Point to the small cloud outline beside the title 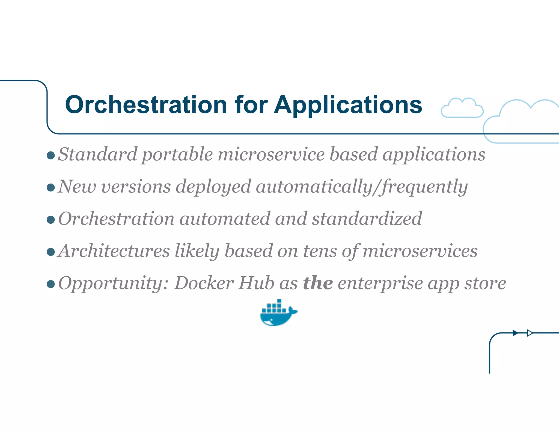(x=462, y=108)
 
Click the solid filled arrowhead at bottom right (x=515, y=333)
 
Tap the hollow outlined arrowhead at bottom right (x=530, y=333)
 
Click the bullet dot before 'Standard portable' (x=51, y=156)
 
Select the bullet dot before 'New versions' (x=51, y=188)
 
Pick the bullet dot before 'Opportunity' (x=51, y=284)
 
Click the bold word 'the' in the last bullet (x=318, y=283)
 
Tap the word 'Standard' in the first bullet (x=97, y=154)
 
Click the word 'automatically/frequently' (x=362, y=187)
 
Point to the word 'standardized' (x=367, y=219)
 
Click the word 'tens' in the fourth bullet (x=320, y=251)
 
